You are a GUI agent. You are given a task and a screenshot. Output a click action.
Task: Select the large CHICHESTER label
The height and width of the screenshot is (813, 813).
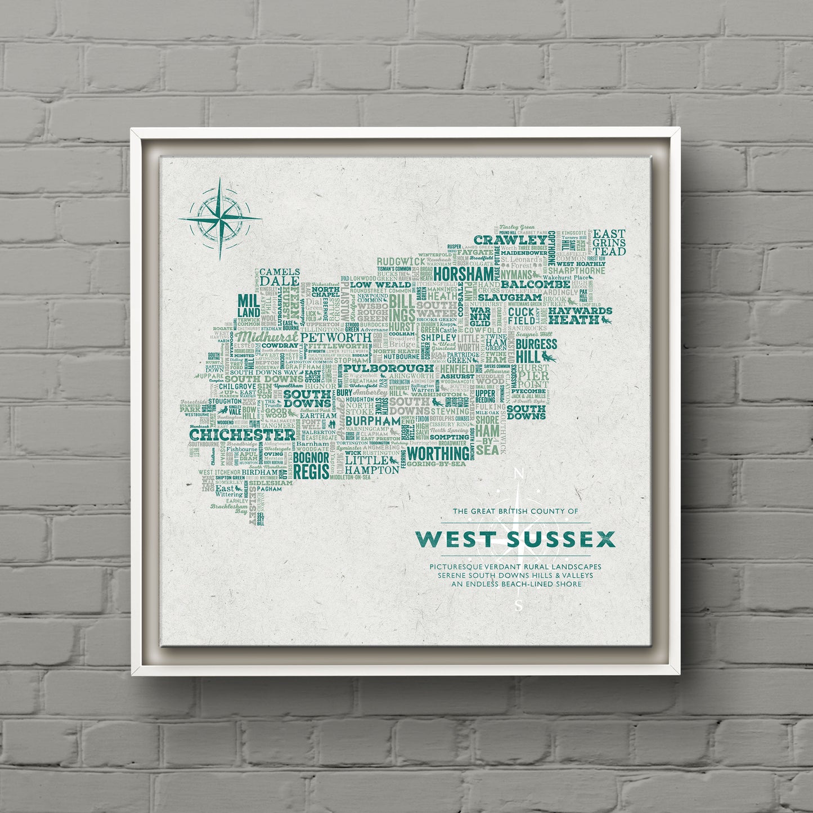tap(242, 435)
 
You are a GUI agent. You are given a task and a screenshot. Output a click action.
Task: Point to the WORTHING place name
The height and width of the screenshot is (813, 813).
tap(438, 453)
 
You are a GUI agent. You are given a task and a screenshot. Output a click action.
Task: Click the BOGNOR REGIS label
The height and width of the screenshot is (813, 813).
tap(311, 465)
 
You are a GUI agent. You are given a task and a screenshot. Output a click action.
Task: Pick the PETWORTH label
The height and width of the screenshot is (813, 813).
tap(336, 337)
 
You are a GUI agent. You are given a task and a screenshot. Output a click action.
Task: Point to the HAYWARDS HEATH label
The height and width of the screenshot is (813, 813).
tap(580, 315)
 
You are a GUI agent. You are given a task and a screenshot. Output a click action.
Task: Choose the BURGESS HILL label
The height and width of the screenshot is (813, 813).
tap(536, 351)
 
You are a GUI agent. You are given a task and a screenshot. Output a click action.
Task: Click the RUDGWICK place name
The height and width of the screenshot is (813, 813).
tap(401, 262)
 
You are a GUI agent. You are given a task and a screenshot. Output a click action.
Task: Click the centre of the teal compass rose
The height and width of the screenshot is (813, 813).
tap(220, 218)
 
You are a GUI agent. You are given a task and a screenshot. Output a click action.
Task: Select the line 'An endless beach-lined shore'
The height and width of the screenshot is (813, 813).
tap(515, 584)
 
